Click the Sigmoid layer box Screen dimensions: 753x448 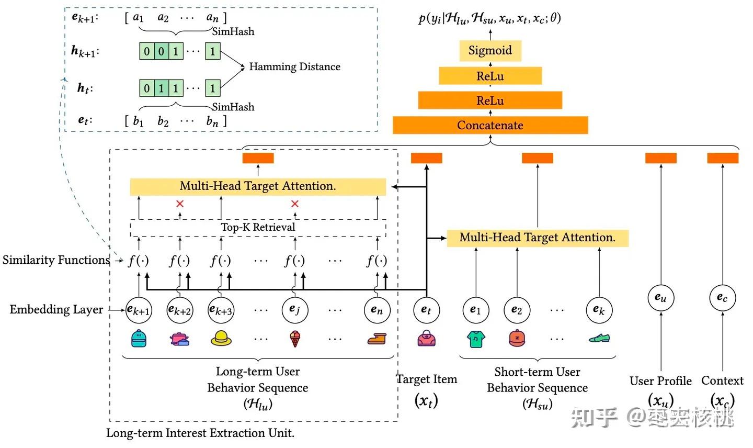coord(490,50)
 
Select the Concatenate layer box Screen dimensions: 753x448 coord(490,125)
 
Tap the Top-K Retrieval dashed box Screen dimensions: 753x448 coord(258,228)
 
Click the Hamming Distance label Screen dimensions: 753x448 coord(294,66)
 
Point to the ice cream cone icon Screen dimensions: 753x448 coord(295,339)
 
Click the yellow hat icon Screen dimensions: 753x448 coord(221,338)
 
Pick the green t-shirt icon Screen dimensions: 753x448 coord(476,339)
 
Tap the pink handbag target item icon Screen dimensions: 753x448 coord(426,338)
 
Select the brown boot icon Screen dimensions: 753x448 coord(377,339)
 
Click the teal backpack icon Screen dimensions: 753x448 coord(139,338)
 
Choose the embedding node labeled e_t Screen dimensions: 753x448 coord(426,310)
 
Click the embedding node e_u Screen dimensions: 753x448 coord(660,298)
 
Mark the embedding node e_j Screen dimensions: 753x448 coord(295,310)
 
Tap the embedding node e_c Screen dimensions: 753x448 coord(723,298)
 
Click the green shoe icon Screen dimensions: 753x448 coord(599,338)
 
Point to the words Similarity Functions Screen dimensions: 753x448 coord(56,260)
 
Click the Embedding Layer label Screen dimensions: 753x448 coord(56,309)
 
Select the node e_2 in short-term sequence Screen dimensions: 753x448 coord(517,310)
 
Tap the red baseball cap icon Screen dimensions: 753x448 coord(517,338)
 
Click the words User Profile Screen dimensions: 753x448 coord(660,380)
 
